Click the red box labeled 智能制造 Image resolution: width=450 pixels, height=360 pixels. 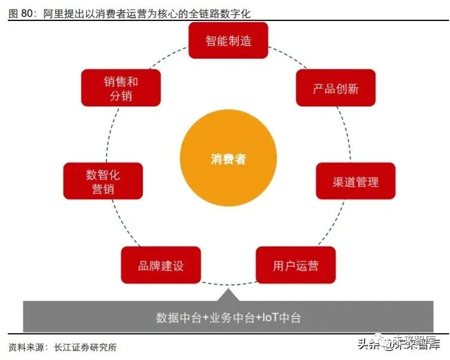pyautogui.click(x=228, y=41)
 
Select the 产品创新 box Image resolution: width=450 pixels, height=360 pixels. pyautogui.click(x=335, y=89)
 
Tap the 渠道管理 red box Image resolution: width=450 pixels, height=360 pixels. pyautogui.click(x=355, y=181)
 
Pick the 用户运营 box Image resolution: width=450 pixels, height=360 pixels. pyautogui.click(x=295, y=265)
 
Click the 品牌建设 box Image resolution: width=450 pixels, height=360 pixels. pyautogui.click(x=160, y=265)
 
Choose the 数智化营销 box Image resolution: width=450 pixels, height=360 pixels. pyautogui.click(x=103, y=181)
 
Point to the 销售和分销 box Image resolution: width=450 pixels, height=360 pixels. pyautogui.click(x=121, y=88)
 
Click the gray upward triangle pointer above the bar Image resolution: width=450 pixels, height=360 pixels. pyautogui.click(x=228, y=295)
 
